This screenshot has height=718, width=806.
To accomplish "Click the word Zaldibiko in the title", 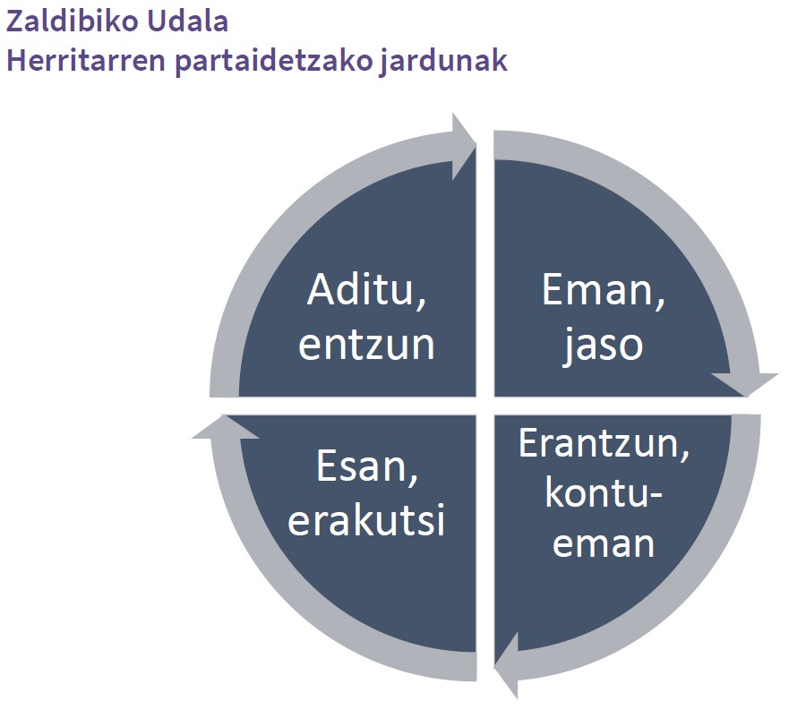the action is click(73, 21).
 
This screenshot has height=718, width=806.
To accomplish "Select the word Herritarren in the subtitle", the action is click(86, 60).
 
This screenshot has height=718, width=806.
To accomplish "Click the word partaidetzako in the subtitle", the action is click(273, 62).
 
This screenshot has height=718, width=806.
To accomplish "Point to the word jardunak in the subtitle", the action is click(444, 62).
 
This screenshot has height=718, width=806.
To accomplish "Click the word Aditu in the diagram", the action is click(360, 289).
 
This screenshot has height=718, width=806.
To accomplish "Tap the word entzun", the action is click(366, 345).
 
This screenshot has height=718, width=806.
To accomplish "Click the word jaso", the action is click(603, 346).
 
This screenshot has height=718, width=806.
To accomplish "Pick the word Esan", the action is click(361, 466).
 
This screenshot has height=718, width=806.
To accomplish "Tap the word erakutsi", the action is click(366, 520).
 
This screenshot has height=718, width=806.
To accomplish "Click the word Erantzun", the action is click(598, 443).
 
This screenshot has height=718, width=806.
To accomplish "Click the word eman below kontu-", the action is click(604, 544).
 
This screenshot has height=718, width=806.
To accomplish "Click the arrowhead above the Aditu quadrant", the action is click(464, 147).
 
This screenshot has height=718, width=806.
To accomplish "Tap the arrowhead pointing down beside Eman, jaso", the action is click(745, 384).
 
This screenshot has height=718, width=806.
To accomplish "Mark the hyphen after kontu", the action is click(656, 495).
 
